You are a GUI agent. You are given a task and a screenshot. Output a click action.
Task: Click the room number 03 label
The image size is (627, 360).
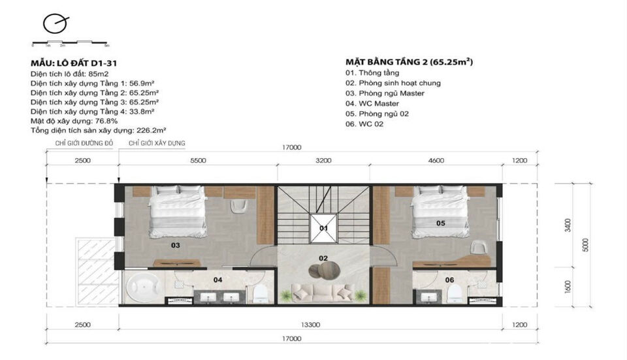point(176,246)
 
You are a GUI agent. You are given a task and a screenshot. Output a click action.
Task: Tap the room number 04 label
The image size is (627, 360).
point(218,280)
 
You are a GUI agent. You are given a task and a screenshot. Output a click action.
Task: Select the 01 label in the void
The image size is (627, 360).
point(323,228)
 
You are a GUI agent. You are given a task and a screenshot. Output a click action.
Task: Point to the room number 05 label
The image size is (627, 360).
point(440,223)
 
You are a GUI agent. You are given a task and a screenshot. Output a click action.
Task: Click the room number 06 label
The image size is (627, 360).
point(449,280)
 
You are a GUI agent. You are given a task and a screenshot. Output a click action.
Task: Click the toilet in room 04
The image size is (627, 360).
point(261,293)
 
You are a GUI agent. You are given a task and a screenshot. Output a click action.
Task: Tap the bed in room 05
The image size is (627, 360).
point(439,210)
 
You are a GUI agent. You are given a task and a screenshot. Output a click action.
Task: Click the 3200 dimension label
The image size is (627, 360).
point(323,160)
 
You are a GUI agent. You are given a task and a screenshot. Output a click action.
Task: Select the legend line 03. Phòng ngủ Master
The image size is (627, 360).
point(385,93)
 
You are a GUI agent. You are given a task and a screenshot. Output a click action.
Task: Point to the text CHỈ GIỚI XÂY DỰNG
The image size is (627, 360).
point(157,142)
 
